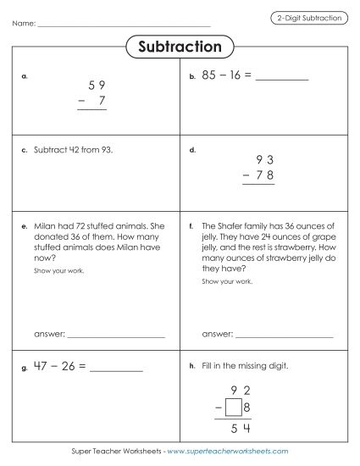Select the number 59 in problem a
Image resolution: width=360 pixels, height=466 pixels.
coord(97,86)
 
